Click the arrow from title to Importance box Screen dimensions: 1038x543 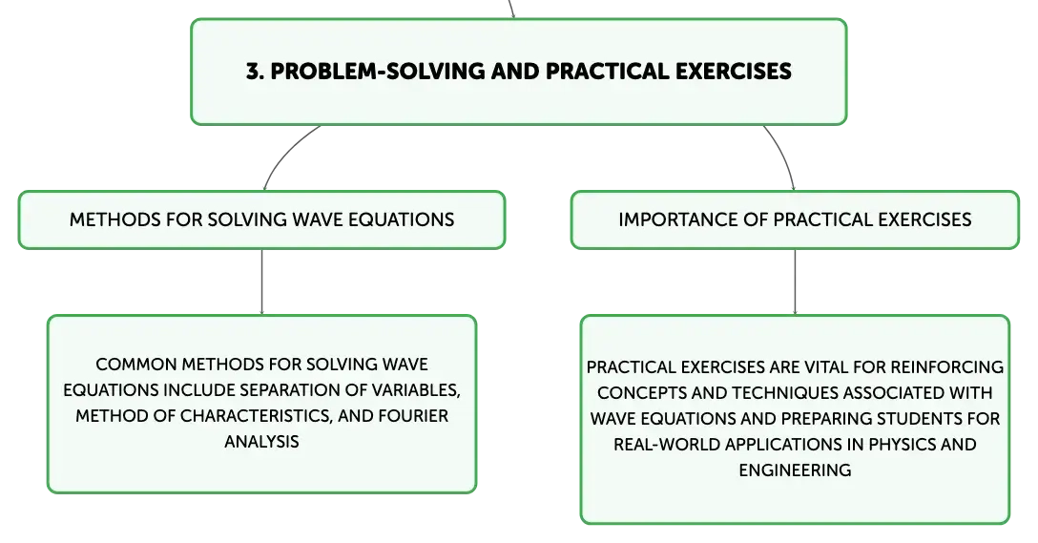784,156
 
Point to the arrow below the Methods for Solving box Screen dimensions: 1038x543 262,282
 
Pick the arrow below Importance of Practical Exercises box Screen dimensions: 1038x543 795,282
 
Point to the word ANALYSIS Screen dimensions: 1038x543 262,442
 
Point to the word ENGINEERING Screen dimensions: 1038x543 795,470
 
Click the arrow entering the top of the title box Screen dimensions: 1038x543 511,9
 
